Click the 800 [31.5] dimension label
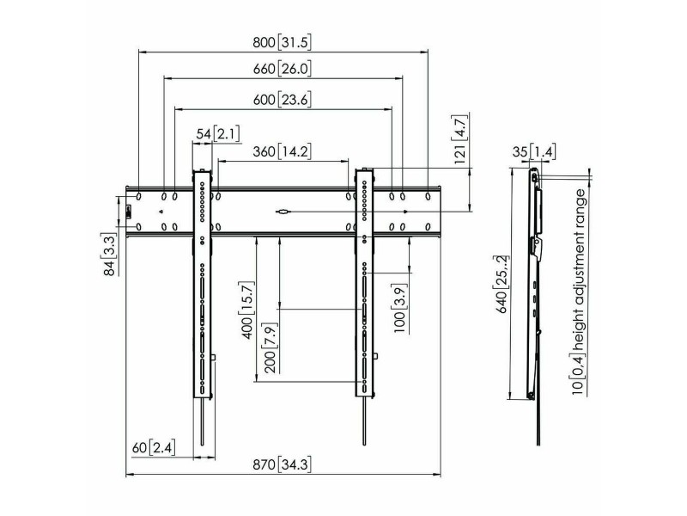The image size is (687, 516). (283, 43)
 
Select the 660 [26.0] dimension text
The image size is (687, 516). (283, 70)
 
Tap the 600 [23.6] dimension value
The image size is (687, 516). (283, 100)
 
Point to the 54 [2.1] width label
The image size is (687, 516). (218, 134)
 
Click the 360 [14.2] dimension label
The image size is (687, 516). (283, 152)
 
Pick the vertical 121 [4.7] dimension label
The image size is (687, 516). (461, 138)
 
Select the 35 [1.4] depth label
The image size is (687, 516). (533, 152)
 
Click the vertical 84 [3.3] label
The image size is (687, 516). (110, 255)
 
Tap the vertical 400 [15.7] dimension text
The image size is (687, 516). (246, 310)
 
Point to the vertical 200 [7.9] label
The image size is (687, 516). (270, 348)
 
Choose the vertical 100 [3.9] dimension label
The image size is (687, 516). (399, 308)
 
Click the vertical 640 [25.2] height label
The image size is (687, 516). (502, 284)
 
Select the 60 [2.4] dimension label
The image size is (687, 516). (154, 448)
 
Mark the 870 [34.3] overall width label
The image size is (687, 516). (283, 464)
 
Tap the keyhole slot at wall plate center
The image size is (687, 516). (283, 212)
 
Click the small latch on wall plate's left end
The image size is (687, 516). (128, 212)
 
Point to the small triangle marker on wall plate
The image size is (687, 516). (161, 212)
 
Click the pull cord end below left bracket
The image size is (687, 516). (202, 443)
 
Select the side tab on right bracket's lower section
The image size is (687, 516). (375, 356)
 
